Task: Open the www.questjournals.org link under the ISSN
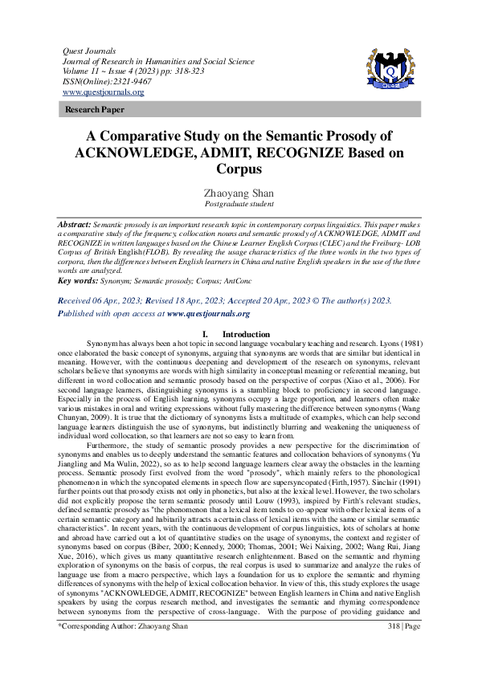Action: [103, 92]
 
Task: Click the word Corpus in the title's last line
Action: [239, 169]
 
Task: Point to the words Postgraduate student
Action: [239, 205]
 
